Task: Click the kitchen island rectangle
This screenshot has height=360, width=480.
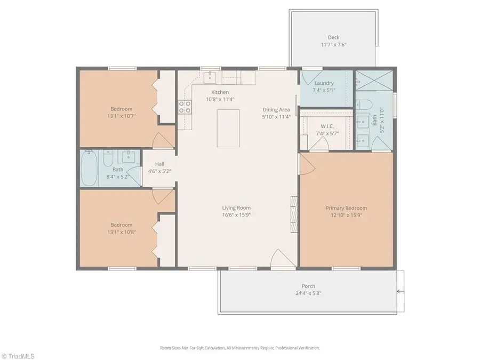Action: (228, 128)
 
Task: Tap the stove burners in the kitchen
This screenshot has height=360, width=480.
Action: (185, 107)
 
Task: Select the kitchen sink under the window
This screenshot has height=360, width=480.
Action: (210, 78)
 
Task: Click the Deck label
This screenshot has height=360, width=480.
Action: (333, 37)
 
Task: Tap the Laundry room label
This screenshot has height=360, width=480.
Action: (324, 83)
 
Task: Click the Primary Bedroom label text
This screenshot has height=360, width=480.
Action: (346, 208)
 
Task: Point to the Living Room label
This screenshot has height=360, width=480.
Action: (236, 208)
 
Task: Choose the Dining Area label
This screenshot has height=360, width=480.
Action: (276, 109)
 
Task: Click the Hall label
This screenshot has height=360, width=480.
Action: (159, 164)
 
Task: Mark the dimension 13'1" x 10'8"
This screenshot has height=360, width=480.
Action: (122, 232)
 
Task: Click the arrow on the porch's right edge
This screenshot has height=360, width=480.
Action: (399, 291)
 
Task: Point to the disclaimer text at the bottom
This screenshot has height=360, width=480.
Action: (240, 348)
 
